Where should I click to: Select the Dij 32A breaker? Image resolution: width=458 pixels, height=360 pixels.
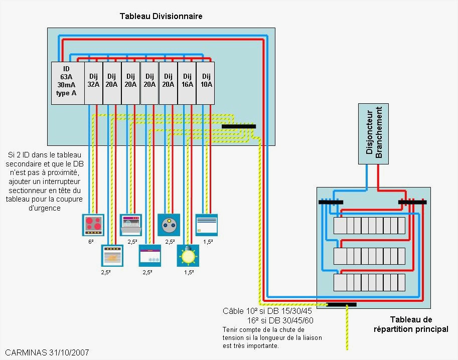pyautogui.click(x=93, y=83)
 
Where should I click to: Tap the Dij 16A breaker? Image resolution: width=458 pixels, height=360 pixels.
pyautogui.click(x=187, y=83)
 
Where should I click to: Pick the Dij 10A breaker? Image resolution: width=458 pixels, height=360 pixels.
pyautogui.click(x=206, y=83)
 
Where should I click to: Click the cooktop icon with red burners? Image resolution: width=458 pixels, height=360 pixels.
pyautogui.click(x=93, y=225)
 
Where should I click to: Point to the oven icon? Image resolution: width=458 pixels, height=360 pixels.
pyautogui.click(x=112, y=256)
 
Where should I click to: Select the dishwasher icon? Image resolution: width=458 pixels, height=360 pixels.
pyautogui.click(x=131, y=225)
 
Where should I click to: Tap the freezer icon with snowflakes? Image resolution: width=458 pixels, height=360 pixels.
pyautogui.click(x=150, y=256)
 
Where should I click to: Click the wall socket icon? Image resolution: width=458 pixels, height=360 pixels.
pyautogui.click(x=169, y=225)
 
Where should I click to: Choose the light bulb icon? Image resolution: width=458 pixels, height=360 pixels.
pyautogui.click(x=188, y=256)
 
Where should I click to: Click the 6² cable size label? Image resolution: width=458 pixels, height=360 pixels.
pyautogui.click(x=91, y=242)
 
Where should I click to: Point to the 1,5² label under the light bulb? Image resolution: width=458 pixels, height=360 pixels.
pyautogui.click(x=189, y=272)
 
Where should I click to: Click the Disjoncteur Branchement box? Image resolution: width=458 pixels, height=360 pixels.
pyautogui.click(x=373, y=134)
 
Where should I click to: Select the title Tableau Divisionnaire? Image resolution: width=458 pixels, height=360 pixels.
pyautogui.click(x=161, y=16)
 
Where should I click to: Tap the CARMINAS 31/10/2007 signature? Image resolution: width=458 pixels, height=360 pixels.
pyautogui.click(x=47, y=352)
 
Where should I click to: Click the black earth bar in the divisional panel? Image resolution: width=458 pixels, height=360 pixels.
pyautogui.click(x=239, y=126)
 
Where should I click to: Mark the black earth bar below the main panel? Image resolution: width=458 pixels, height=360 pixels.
pyautogui.click(x=341, y=304)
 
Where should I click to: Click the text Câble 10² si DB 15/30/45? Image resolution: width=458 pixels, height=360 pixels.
pyautogui.click(x=267, y=311)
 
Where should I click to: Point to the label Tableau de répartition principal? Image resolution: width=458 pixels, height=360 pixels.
pyautogui.click(x=411, y=324)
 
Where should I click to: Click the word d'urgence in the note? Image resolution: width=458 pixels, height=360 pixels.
pyautogui.click(x=45, y=208)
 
